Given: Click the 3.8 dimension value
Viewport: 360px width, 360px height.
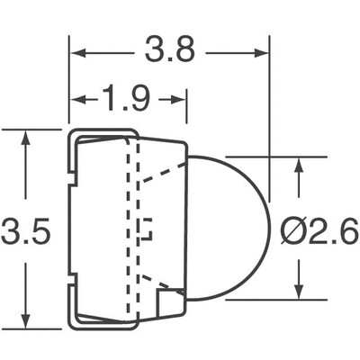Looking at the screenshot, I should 170,50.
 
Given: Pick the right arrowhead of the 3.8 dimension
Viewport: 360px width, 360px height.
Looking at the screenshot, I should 263,52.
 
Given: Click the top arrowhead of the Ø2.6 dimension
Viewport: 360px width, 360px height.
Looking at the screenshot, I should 299,167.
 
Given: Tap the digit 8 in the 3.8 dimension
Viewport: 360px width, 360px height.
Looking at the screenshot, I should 185,50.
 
